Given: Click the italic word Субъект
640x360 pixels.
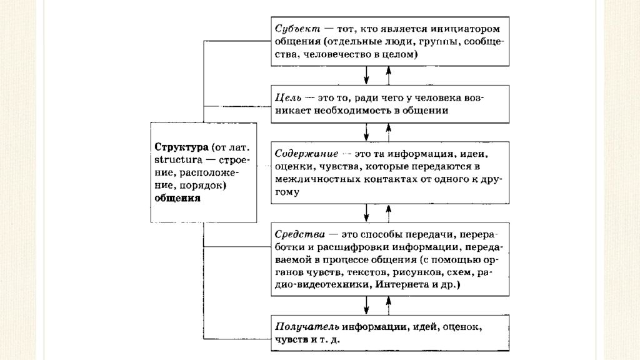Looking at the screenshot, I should tap(297, 29).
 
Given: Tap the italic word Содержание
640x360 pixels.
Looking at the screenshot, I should tap(304, 154).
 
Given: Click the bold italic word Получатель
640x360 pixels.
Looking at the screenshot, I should tap(306, 327).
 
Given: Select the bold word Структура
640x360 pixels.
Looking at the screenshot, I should tap(181, 147).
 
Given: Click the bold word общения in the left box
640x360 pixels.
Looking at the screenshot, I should tap(177, 198).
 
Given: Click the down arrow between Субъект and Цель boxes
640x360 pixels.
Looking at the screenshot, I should tap(366, 76).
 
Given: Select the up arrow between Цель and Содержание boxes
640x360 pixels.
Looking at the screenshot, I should tap(388, 132).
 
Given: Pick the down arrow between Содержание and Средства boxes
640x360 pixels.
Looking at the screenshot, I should tap(366, 213).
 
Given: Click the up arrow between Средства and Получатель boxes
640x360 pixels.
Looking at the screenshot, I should tap(388, 306).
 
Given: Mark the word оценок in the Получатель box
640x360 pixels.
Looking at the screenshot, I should tap(466, 327).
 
